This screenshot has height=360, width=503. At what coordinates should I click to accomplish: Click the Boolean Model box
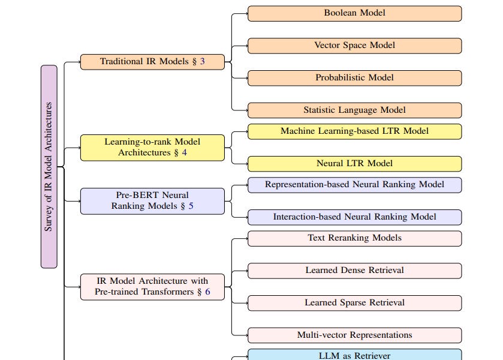(354, 13)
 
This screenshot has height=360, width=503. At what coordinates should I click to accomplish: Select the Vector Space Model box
(354, 46)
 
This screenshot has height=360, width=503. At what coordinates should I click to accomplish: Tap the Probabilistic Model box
(354, 78)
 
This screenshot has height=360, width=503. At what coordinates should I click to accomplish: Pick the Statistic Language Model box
(354, 110)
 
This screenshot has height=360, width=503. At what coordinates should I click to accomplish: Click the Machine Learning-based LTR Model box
(354, 131)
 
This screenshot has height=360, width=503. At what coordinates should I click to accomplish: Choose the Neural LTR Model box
(354, 164)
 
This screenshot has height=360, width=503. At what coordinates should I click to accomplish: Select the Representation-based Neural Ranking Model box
(354, 185)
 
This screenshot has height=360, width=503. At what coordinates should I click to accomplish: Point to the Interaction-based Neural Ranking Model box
(354, 217)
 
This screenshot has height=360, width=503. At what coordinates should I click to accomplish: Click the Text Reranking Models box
(354, 238)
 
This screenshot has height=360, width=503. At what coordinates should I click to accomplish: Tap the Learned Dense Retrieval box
(354, 271)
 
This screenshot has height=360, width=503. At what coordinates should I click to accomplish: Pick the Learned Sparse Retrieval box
(354, 303)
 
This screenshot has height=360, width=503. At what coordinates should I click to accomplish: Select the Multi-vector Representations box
(354, 335)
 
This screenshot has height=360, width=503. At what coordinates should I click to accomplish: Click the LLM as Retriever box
(354, 355)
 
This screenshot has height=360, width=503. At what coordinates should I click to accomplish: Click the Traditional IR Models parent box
(152, 62)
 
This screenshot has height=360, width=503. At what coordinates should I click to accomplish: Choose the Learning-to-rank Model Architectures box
(152, 148)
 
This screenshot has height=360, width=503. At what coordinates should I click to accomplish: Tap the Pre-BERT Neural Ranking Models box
(152, 201)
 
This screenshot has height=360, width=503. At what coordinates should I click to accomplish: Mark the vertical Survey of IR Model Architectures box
(49, 167)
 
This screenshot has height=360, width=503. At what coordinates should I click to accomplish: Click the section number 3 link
(203, 62)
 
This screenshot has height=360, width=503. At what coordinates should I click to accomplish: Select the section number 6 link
(207, 292)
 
